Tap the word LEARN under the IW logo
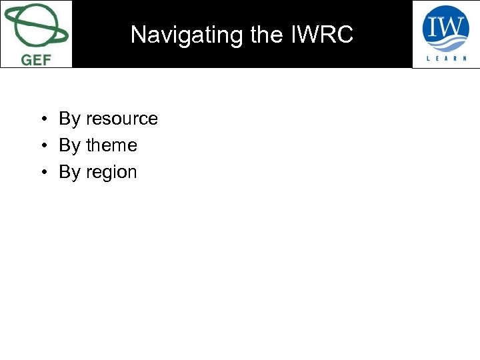446,58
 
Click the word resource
121,119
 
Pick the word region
111,172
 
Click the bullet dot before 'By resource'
42,119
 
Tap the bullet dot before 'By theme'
42,146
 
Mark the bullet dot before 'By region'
42,173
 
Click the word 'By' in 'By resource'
69,119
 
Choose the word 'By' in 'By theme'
69,145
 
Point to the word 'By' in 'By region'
69,172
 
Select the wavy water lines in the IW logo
446,42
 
